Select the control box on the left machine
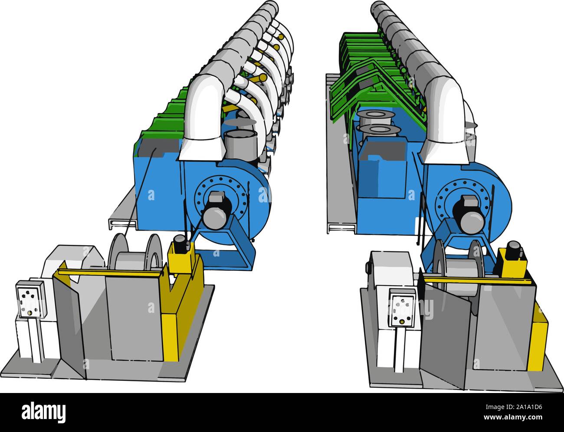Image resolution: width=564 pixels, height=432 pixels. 29,299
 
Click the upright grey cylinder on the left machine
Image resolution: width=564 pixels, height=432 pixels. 240,144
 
